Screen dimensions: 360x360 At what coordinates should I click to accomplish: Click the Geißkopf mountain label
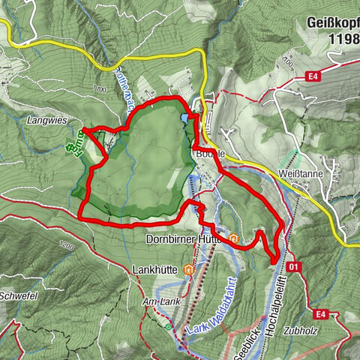tap(333, 23)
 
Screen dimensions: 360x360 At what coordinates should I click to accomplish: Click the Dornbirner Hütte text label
tap(186, 240)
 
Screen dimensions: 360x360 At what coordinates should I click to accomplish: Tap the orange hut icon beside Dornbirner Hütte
tap(235, 240)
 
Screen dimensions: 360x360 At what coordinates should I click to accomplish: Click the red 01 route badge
tap(293, 266)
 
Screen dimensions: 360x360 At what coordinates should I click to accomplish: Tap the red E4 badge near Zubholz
tap(322, 313)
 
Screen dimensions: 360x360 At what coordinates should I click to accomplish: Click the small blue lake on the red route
tap(184, 117)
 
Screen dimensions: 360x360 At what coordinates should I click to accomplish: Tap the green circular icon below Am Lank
tap(167, 326)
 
